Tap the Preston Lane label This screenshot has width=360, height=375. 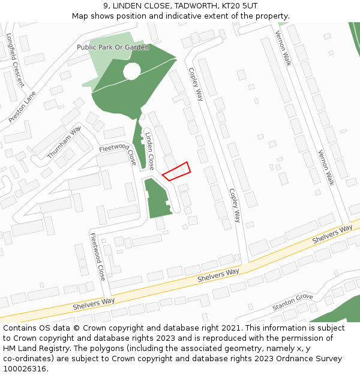pyautogui.click(x=23, y=107)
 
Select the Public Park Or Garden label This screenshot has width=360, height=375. pyautogui.click(x=113, y=47)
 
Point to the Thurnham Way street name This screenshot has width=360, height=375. pyautogui.click(x=64, y=142)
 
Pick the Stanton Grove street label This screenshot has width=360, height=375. pyautogui.click(x=293, y=302)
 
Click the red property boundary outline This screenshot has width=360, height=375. pyautogui.click(x=176, y=171)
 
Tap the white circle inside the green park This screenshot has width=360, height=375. pyautogui.click(x=132, y=71)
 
